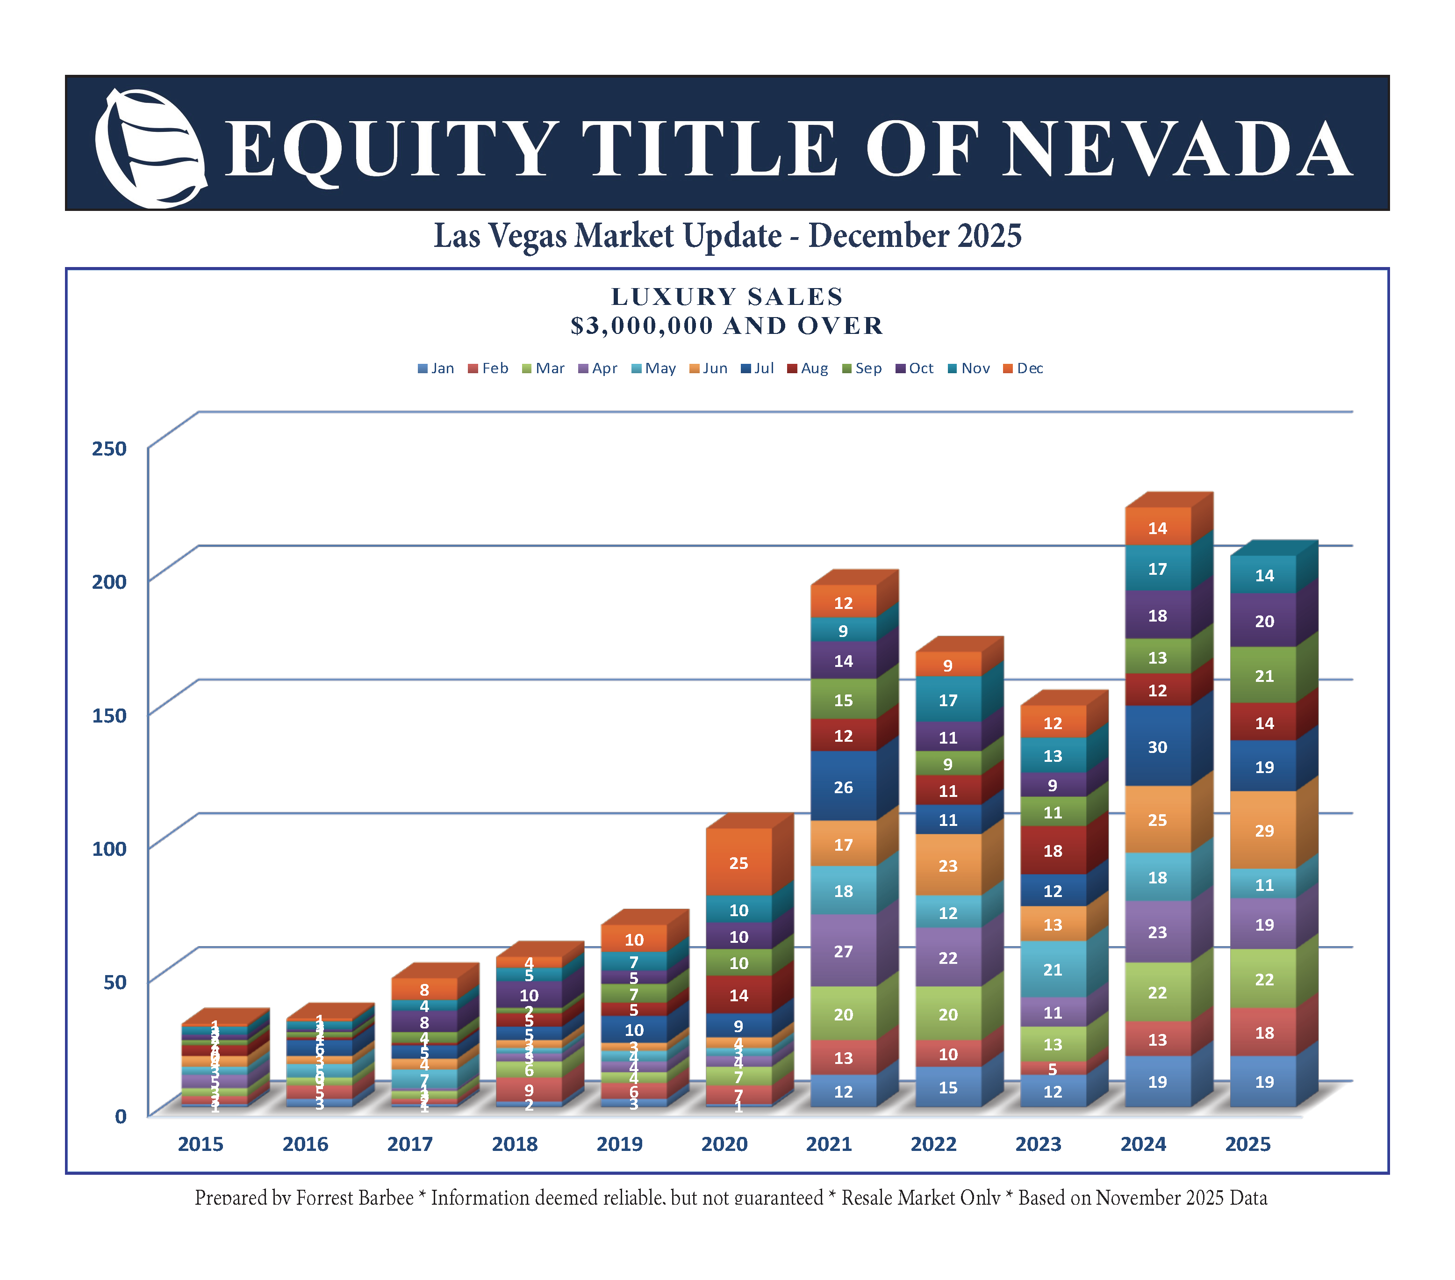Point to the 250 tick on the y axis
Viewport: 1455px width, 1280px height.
109,449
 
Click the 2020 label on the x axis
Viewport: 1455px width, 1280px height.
724,1144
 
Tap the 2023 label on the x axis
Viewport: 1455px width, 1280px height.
1038,1144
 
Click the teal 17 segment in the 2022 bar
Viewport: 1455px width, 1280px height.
947,700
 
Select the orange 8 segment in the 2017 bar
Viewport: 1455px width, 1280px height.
424,990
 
